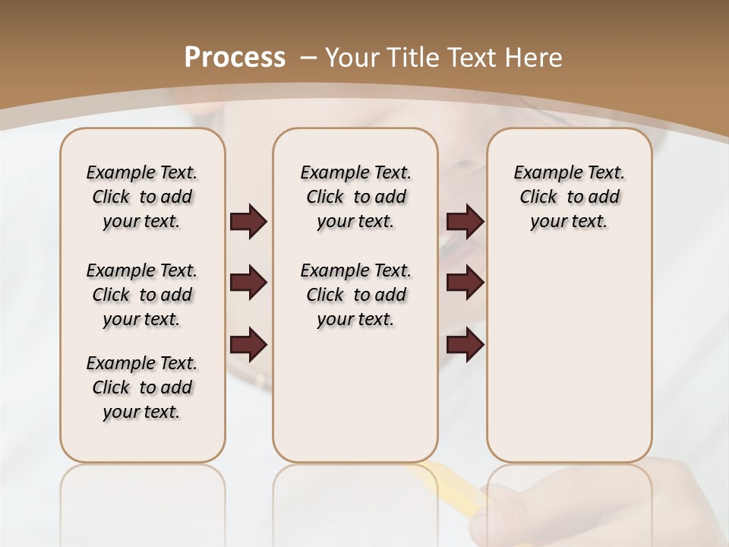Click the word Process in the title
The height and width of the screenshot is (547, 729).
[x=235, y=58]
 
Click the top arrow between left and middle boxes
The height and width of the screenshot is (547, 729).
[x=248, y=222]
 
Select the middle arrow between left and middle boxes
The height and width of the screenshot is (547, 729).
[x=248, y=283]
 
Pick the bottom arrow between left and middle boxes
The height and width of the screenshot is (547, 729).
[x=248, y=345]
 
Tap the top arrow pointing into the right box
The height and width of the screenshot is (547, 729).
[x=465, y=222]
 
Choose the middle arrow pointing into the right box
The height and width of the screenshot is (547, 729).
[x=465, y=283]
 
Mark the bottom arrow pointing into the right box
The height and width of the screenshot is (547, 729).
[x=465, y=345]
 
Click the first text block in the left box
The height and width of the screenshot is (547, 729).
[x=142, y=197]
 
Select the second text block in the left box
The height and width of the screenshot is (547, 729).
[x=142, y=295]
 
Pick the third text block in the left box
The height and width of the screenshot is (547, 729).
[x=142, y=387]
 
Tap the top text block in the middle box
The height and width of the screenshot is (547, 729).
[x=355, y=197]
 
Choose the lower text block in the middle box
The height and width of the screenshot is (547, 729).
[x=355, y=295]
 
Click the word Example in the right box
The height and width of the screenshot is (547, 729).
[x=541, y=173]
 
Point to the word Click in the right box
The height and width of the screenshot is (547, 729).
[x=538, y=198]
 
